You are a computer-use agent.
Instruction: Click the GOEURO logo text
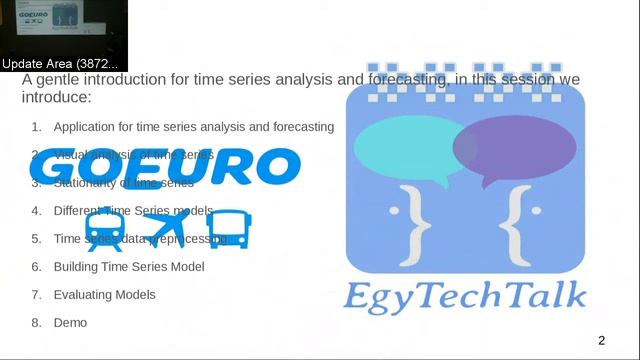[x=165, y=168]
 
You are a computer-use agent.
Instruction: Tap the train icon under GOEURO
[x=105, y=230]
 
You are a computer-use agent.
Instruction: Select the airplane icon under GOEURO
[x=166, y=229]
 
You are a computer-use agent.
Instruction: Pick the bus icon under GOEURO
[x=230, y=229]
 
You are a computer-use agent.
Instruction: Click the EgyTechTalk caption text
[x=466, y=296]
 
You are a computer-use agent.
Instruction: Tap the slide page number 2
[x=602, y=341]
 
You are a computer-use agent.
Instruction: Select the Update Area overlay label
[x=60, y=64]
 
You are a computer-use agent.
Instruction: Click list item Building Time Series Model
[x=129, y=267]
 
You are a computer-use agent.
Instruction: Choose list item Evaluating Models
[x=104, y=295]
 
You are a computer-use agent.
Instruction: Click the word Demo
[x=70, y=323]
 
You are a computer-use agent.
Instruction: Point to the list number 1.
[x=36, y=127]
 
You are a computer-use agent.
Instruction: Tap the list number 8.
[x=36, y=323]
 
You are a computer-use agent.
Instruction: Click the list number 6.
[x=36, y=267]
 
